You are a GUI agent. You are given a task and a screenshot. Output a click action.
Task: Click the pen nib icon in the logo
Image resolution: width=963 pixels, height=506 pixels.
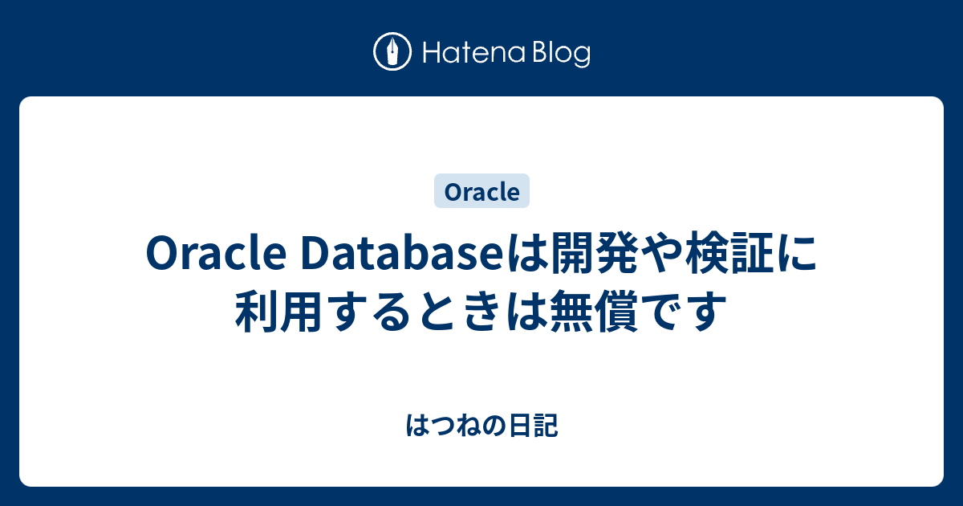pyautogui.click(x=392, y=53)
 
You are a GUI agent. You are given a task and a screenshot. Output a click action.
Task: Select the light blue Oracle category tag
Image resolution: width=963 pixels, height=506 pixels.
pyautogui.click(x=481, y=192)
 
